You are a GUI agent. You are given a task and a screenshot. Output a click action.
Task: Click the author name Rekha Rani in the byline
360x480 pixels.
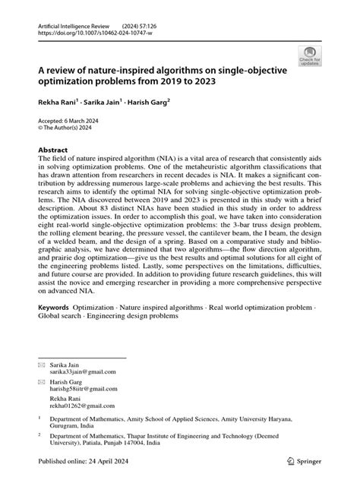click(49, 100)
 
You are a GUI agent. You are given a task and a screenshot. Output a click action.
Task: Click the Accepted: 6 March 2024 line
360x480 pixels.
click(69, 121)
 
